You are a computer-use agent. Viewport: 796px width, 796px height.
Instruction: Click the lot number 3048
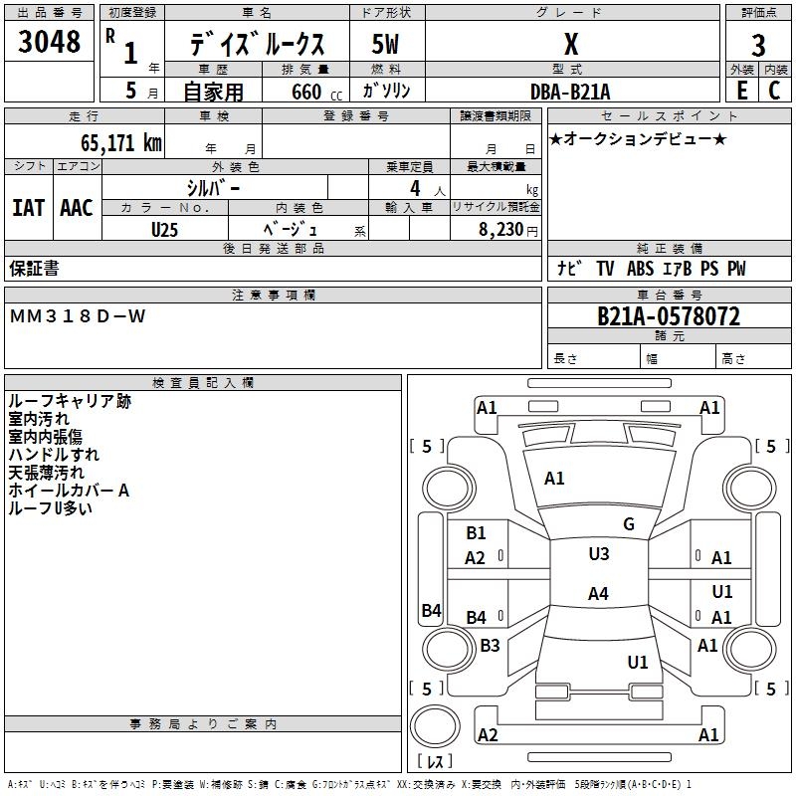point(49,41)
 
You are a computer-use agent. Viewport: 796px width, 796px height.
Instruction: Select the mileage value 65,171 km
point(121,142)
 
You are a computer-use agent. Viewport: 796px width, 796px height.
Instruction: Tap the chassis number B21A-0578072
point(669,316)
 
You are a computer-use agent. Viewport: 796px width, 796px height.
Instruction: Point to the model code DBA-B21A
point(570,92)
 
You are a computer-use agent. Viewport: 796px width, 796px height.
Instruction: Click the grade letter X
point(571,44)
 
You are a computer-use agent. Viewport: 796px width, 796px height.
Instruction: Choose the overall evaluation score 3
point(758,46)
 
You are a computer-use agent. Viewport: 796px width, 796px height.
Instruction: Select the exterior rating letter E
point(741,91)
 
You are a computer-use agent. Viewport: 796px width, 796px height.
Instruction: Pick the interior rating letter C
point(774,91)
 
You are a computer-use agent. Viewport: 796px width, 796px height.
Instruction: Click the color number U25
point(164,230)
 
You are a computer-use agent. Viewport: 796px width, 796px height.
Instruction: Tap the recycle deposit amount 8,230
point(500,230)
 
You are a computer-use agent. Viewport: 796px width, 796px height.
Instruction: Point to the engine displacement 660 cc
point(316,92)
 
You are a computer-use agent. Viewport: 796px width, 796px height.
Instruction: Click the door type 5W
point(385,44)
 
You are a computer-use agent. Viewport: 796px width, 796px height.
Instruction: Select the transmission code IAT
point(29,208)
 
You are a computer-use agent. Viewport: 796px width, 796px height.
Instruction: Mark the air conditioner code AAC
point(77,208)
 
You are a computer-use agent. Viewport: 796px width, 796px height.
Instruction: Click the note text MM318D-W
point(78,316)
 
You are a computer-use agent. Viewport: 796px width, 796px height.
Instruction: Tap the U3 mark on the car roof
point(599,553)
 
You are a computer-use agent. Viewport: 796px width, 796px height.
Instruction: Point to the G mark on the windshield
point(629,524)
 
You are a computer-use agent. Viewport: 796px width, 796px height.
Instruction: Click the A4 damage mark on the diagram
point(598,593)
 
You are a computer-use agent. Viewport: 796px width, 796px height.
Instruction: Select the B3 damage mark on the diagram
point(490,645)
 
